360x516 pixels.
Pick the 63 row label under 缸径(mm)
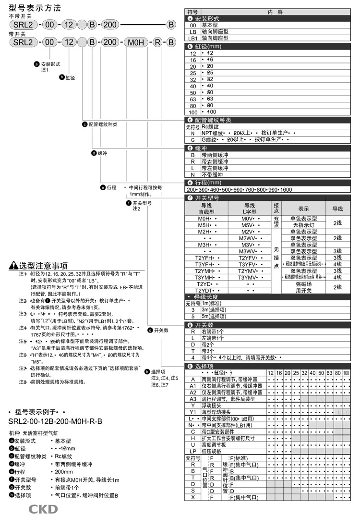(x=193, y=98)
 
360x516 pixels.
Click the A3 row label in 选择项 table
(x=193, y=398)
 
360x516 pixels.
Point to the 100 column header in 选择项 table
(x=346, y=373)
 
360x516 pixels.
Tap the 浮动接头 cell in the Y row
(x=214, y=405)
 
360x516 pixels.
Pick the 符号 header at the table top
(x=192, y=11)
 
